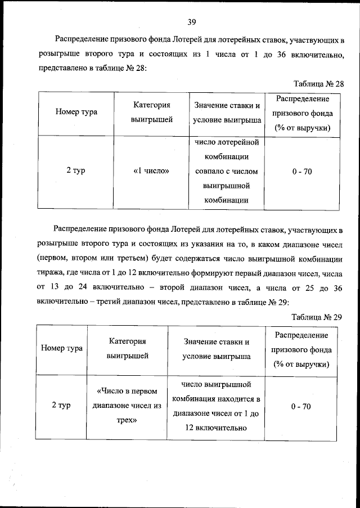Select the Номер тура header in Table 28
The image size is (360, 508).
(x=76, y=112)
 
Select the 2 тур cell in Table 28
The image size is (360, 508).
(x=76, y=172)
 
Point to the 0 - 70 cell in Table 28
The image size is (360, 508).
(x=302, y=172)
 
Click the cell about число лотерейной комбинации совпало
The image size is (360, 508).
(x=227, y=172)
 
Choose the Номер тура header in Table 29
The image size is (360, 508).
(x=62, y=348)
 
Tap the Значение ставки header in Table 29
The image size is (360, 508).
(x=217, y=349)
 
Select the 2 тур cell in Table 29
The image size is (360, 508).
(x=62, y=406)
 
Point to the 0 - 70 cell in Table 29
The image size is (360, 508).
(x=302, y=406)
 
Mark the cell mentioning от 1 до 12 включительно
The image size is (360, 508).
(x=217, y=406)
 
